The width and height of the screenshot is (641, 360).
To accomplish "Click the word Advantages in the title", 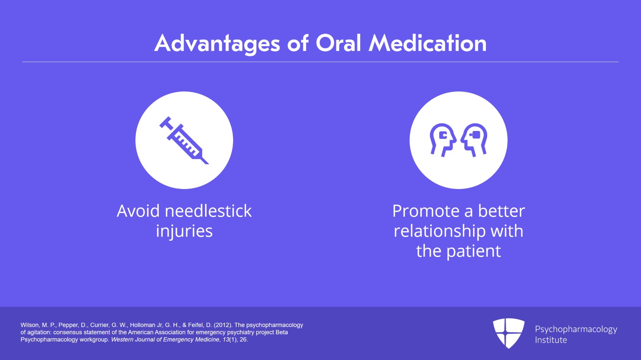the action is [x=217, y=44].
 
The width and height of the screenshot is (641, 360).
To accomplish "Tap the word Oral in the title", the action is [x=338, y=43].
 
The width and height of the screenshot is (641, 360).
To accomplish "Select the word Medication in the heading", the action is [x=427, y=43].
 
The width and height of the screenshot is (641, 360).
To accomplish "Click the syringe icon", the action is [x=184, y=140].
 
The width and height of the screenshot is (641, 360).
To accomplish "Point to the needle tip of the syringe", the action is [x=208, y=163].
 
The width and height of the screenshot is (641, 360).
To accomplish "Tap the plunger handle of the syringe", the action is [x=165, y=122].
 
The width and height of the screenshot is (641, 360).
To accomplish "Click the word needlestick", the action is [x=208, y=211].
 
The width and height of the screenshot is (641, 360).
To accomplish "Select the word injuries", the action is [x=184, y=231].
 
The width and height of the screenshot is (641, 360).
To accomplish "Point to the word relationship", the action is [x=439, y=231].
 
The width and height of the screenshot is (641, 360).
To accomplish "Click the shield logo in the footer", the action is [x=508, y=333].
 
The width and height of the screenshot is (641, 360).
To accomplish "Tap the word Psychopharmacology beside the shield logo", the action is [x=576, y=330].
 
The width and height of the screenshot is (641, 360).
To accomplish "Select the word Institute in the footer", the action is [x=551, y=340].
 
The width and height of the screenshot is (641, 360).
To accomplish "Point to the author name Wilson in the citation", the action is [x=30, y=325].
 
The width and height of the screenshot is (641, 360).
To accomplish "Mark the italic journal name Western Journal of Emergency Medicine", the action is [x=165, y=340].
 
